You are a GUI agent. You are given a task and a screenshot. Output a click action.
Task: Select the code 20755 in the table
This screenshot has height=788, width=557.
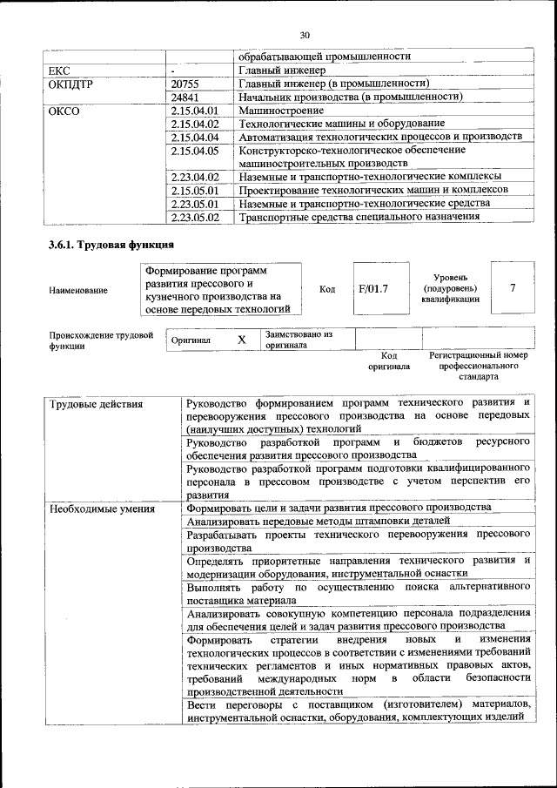[x=187, y=84]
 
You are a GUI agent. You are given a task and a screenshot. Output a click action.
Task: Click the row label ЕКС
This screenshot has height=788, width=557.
[x=60, y=71]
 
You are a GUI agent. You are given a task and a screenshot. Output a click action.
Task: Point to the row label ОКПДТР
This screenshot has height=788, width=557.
[x=73, y=84]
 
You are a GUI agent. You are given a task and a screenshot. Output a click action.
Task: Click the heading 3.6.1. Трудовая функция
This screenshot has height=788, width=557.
[x=111, y=245]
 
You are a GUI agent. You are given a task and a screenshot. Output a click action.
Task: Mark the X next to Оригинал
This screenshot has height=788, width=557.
[x=242, y=340]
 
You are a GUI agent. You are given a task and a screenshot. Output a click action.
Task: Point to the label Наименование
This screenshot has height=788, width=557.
[x=78, y=290]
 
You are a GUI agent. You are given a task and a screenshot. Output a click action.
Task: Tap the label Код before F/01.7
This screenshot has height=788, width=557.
[x=327, y=289]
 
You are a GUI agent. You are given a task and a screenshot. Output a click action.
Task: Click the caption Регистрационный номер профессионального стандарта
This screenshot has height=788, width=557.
[x=480, y=367]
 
